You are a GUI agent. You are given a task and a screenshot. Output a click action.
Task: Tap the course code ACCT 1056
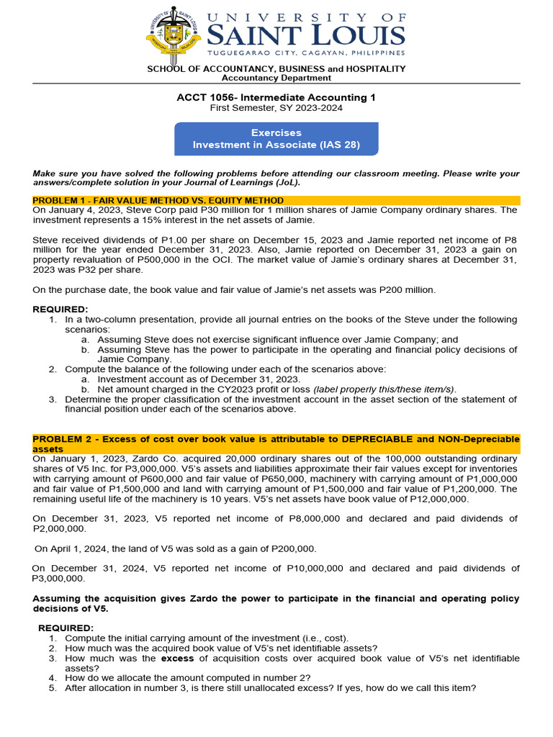(203, 97)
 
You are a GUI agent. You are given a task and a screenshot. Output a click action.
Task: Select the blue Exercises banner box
(276, 139)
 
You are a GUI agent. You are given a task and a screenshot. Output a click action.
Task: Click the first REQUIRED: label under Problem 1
(60, 309)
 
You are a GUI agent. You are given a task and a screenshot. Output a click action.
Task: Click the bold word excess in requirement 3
(177, 659)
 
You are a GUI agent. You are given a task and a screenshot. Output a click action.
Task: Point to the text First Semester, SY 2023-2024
(276, 108)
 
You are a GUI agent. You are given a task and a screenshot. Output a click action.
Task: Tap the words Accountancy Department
(276, 78)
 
